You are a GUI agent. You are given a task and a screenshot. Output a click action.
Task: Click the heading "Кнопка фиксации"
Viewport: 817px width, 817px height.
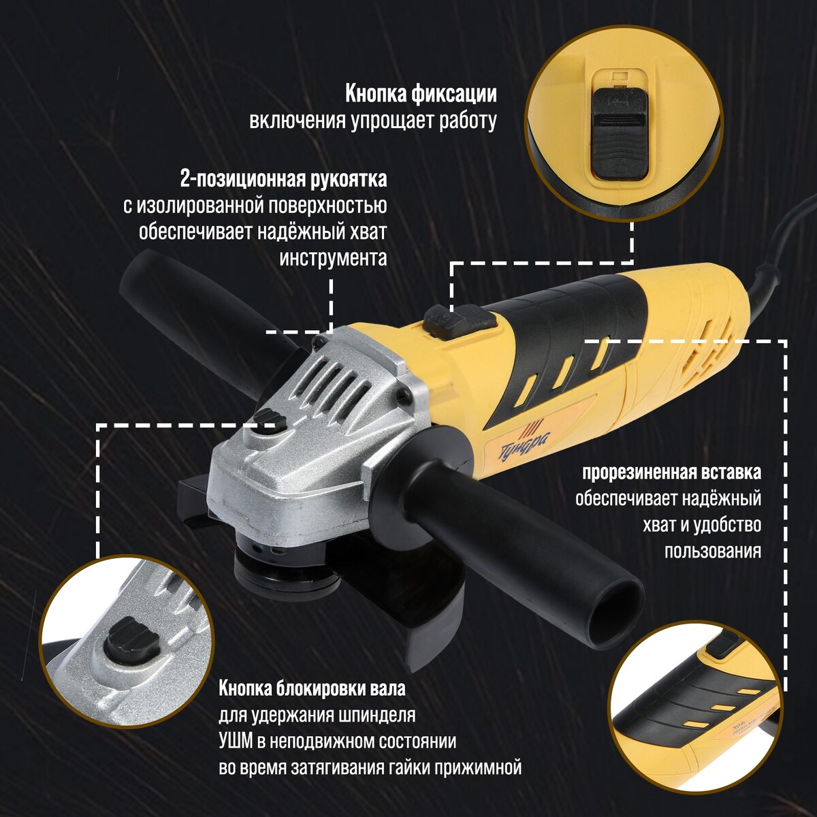(x=421, y=95)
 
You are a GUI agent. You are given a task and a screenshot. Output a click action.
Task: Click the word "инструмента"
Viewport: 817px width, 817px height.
(x=333, y=259)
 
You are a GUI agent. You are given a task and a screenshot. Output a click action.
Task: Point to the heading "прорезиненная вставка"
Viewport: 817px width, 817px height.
(x=671, y=472)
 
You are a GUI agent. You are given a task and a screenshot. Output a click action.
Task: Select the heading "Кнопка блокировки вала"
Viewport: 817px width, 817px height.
(x=312, y=688)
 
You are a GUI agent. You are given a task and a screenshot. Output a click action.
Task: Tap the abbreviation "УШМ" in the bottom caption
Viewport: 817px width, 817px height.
(x=236, y=741)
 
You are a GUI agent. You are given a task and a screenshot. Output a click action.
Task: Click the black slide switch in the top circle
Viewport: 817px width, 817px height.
(x=620, y=133)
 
